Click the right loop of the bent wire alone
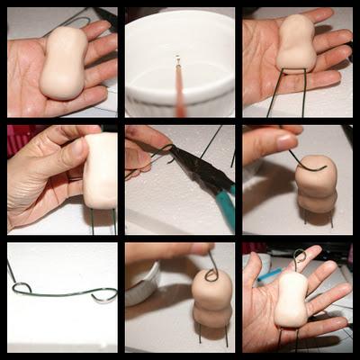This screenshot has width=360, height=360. coord(103,293)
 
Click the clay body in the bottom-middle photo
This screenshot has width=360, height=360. coord(212,301)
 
